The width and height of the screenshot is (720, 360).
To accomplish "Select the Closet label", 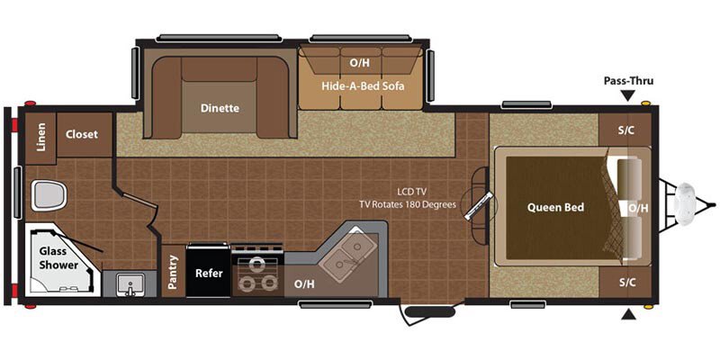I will tap(83, 134).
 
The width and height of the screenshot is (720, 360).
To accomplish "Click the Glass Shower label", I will tap(58, 258).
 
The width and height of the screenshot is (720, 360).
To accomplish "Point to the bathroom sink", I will tap(130, 284).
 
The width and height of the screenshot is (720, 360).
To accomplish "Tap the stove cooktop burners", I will tap(257, 274).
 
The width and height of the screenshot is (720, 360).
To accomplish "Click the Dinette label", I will tap(220, 108).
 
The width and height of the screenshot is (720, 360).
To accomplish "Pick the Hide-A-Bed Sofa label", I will tap(364, 86).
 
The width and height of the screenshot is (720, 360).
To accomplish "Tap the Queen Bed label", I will tap(555, 207).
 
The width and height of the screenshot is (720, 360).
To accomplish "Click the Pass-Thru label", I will tap(627, 80).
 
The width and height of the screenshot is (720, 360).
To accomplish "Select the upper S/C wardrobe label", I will tap(626, 130).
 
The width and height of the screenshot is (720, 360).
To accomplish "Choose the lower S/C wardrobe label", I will tap(626, 282).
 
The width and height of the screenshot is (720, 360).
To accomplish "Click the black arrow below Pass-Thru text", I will tap(627, 94).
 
